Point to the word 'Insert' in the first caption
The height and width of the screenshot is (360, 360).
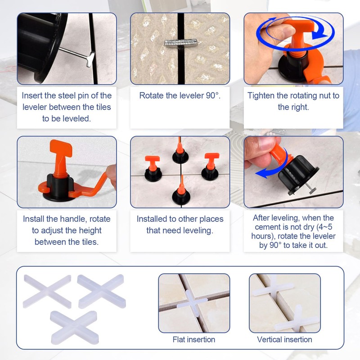33,95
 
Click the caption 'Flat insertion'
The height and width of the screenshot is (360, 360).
194,339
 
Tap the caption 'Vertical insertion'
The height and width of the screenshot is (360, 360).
284,339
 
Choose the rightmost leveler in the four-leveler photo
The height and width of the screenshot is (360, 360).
210,166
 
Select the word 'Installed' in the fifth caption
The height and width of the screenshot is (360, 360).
154,219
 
